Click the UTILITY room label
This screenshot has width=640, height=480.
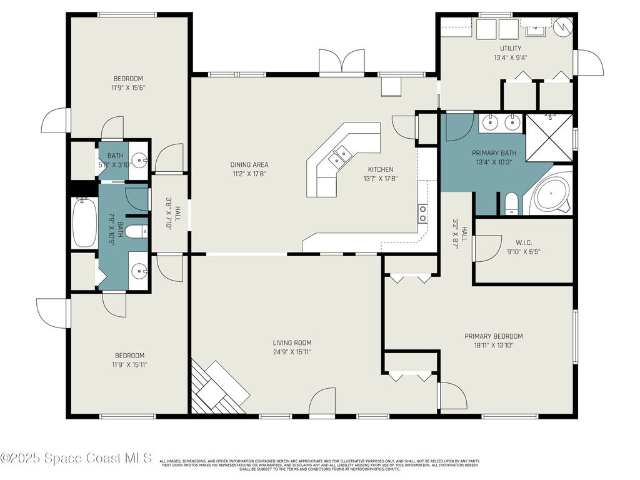[510, 48]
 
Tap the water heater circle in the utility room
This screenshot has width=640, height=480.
[564, 26]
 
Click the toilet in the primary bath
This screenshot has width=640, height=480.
[511, 203]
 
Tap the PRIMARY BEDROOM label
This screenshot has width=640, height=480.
[493, 336]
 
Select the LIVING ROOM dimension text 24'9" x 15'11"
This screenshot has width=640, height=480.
[292, 352]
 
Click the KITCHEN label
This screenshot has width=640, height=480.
[380, 169]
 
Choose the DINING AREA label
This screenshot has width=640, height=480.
[249, 165]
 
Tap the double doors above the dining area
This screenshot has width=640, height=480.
[341, 63]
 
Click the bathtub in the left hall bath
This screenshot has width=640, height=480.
[84, 222]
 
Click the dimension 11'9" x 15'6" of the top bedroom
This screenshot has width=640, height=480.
[129, 88]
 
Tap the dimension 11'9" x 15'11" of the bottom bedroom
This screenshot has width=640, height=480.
[129, 364]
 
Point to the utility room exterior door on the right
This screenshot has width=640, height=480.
[589, 62]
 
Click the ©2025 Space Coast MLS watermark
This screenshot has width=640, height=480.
[76, 458]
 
